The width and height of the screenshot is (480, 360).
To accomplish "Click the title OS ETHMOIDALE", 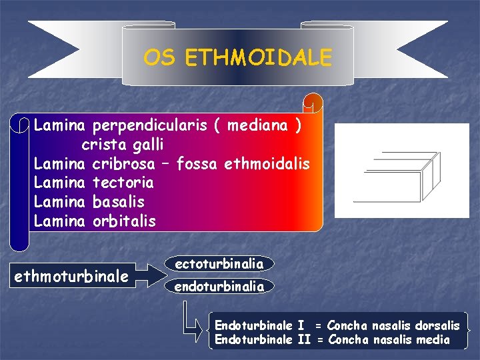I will (x=237, y=58).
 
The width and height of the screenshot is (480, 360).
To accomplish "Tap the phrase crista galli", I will (x=123, y=144).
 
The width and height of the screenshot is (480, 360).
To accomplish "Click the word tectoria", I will (x=123, y=182).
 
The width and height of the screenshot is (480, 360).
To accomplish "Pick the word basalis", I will (x=119, y=201).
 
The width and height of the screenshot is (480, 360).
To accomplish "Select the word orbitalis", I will (x=124, y=221).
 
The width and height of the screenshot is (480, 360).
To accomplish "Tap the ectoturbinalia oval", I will (x=219, y=264).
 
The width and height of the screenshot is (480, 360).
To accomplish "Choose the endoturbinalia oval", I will (x=219, y=287).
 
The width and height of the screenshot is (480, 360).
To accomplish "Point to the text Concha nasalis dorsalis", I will (x=393, y=325).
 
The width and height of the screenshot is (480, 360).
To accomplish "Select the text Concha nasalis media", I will (x=388, y=340).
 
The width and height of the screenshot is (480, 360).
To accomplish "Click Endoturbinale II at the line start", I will (x=263, y=340).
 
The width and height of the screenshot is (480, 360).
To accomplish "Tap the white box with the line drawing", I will (x=397, y=171).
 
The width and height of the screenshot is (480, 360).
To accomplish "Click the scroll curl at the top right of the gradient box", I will (x=313, y=103).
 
